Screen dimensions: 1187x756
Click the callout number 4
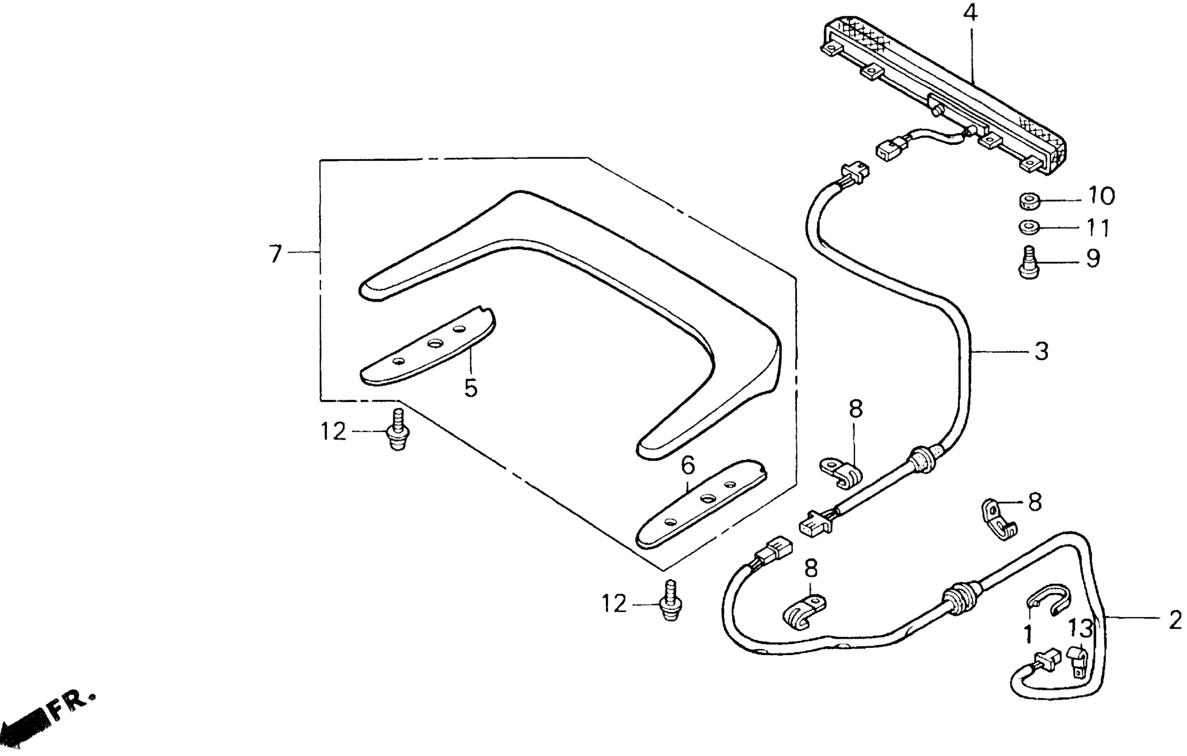click(x=970, y=14)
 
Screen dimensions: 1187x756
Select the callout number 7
click(x=276, y=254)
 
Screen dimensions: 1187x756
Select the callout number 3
click(x=1042, y=351)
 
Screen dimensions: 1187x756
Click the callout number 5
click(x=471, y=388)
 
